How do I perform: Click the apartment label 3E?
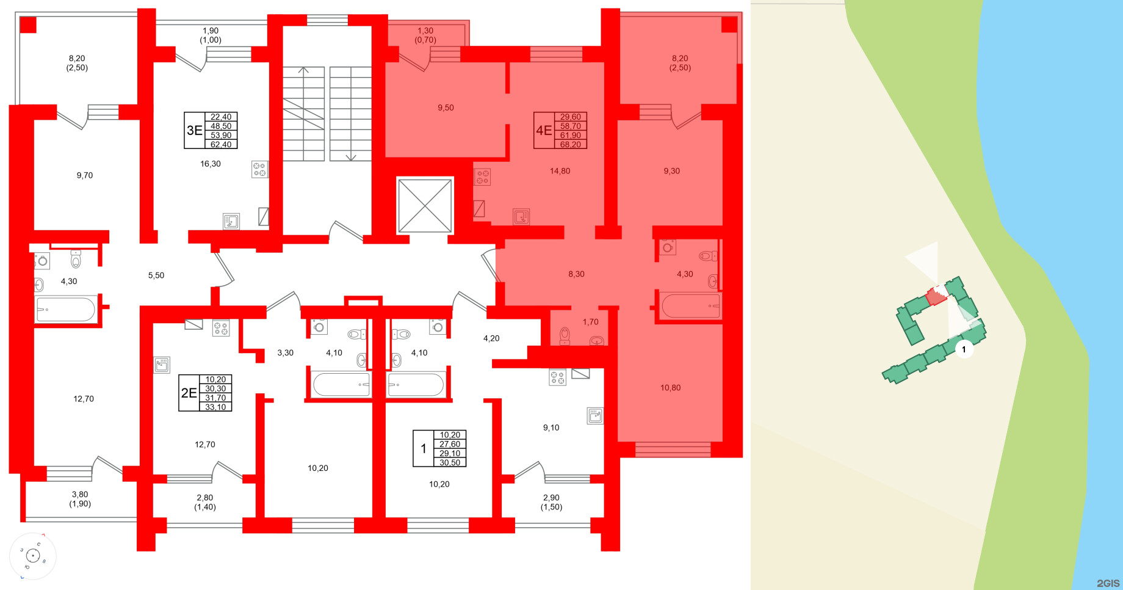click(194, 130)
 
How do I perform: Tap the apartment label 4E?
click(543, 130)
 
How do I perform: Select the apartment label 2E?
click(189, 393)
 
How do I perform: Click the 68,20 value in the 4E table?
click(570, 145)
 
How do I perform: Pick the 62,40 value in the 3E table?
click(221, 145)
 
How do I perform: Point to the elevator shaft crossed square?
click(425, 205)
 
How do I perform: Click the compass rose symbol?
click(32, 556)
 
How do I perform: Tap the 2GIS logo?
click(1108, 583)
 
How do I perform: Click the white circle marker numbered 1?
click(964, 349)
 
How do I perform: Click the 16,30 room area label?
click(211, 164)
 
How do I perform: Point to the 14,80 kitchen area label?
click(560, 171)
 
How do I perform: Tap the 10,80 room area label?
click(670, 388)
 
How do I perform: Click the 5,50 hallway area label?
click(156, 275)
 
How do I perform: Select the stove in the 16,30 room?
click(259, 169)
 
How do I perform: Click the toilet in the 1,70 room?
click(565, 335)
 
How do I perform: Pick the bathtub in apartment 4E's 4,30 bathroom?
click(690, 305)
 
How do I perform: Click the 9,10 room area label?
click(551, 428)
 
